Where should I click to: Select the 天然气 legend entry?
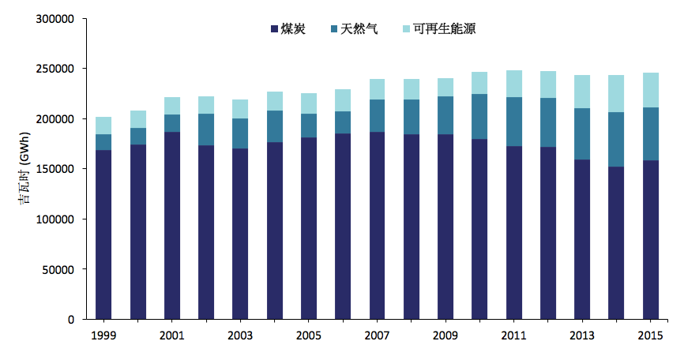352,29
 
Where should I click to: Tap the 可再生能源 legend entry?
438,29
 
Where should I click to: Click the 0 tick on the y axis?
71,320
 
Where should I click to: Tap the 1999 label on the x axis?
103,336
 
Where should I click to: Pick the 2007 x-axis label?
377,336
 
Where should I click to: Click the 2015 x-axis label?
650,336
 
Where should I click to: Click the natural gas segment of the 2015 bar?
650,134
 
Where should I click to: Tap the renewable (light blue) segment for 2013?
582,92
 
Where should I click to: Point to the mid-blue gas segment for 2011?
513,122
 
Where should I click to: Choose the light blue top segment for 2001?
171,106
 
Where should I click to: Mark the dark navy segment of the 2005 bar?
309,228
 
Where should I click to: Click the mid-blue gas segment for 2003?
240,133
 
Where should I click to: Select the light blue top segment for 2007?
377,89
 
